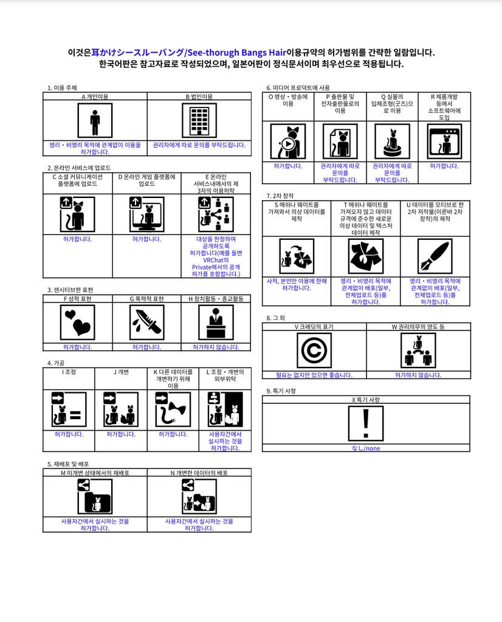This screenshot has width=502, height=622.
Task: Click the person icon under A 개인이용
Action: tap(95, 121)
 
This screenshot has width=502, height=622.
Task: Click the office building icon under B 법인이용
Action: tap(199, 121)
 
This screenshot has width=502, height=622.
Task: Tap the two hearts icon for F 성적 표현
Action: tap(77, 322)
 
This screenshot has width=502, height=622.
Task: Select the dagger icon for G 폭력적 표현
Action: tap(146, 322)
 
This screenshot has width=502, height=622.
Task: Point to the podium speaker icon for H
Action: tap(216, 322)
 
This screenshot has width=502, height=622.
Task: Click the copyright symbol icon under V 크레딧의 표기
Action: tap(314, 350)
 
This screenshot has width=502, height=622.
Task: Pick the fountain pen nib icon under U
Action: tap(435, 256)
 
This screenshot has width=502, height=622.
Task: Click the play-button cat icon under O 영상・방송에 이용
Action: tap(287, 142)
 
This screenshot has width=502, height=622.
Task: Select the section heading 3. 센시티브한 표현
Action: tap(70, 290)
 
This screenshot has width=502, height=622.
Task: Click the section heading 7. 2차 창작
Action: tap(280, 196)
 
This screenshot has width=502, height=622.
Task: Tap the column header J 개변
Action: tap(121, 372)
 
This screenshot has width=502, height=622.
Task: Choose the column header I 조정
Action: tap(69, 372)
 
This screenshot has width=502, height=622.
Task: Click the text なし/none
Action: tap(366, 448)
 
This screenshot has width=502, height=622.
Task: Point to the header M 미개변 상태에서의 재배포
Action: tap(95, 473)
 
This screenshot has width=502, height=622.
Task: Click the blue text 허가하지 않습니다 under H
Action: tap(216, 347)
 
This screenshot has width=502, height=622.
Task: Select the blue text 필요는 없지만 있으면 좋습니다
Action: tap(314, 375)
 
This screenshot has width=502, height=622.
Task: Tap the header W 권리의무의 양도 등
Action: tap(418, 327)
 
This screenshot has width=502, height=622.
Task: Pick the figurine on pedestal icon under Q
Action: tap(392, 142)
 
